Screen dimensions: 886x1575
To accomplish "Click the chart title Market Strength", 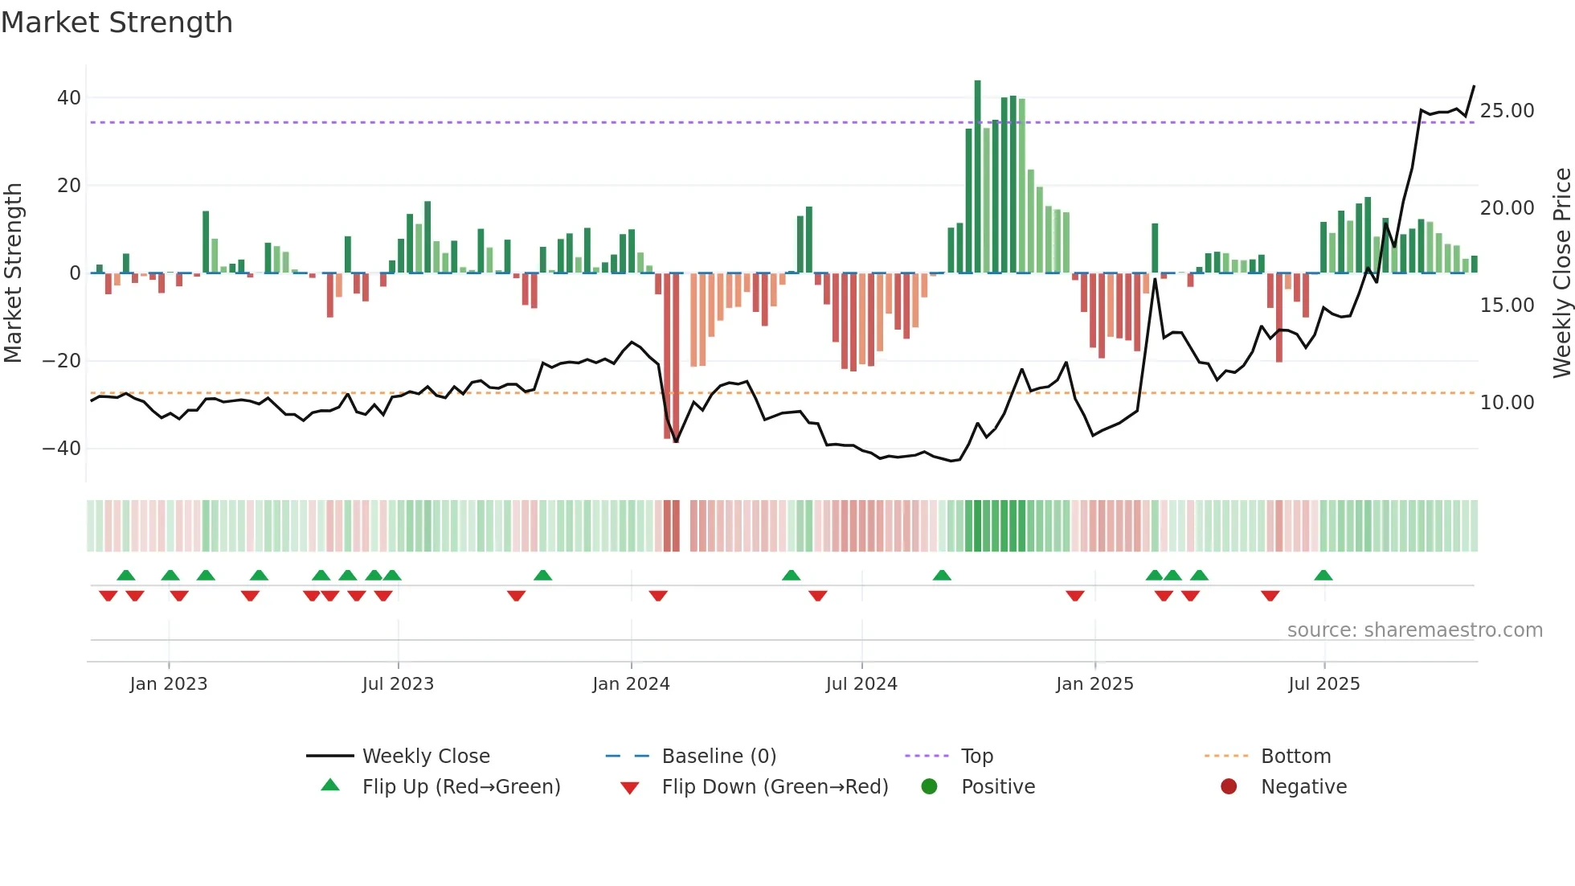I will click(117, 23).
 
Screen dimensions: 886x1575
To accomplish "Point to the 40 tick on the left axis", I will click(69, 98).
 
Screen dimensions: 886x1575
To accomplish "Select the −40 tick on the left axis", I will click(62, 449).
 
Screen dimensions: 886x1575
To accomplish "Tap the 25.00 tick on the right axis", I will click(1507, 111).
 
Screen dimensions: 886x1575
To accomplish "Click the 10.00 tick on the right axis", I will click(1507, 403).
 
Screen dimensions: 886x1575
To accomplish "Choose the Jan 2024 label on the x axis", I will click(631, 684).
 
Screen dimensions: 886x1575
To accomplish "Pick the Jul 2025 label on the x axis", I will click(1323, 684).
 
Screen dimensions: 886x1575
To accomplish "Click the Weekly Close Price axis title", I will click(1561, 273).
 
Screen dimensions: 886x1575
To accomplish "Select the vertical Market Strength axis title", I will click(13, 273).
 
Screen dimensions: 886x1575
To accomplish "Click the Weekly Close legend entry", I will click(425, 757).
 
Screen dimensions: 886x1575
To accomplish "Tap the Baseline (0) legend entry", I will click(718, 757).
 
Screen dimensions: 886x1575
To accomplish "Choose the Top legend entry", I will click(976, 757).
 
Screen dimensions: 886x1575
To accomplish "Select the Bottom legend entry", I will click(1295, 757).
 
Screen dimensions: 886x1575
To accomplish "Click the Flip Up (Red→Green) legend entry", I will click(460, 787).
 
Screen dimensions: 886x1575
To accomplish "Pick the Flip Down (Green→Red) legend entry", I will click(775, 787).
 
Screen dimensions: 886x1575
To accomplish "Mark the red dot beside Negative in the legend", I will click(1229, 786).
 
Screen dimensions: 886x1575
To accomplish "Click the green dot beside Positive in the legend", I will click(929, 786).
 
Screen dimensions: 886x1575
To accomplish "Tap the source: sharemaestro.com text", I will click(1414, 630).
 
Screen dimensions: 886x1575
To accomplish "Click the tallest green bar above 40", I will click(977, 177).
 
